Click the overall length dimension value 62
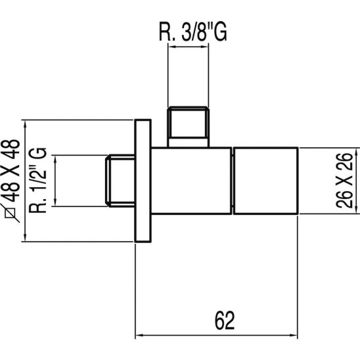click(x=224, y=321)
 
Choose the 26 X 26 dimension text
click(x=346, y=181)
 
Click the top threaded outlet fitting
click(x=189, y=126)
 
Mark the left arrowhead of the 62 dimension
click(x=139, y=336)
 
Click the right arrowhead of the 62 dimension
click(x=297, y=336)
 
